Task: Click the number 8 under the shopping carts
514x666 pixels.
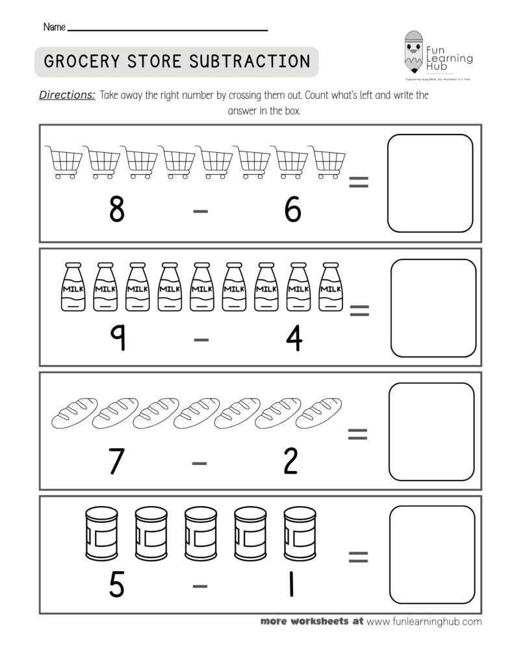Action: point(116,210)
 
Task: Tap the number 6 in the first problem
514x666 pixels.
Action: point(293,210)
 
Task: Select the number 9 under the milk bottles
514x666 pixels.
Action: point(117,337)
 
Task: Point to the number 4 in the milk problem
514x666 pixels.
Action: point(294,337)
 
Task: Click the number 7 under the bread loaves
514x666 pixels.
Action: point(116,461)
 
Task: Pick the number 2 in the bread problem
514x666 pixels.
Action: point(290,461)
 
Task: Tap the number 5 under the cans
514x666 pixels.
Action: point(116,585)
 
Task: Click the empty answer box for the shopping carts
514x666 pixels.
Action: point(430,183)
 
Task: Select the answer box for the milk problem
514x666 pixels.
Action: point(433,308)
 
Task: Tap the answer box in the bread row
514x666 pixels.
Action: point(431,431)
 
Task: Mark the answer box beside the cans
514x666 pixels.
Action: point(431,554)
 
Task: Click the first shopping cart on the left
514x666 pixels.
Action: point(64,161)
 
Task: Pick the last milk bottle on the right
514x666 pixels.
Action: point(331,287)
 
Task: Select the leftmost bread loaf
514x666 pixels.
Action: point(73,414)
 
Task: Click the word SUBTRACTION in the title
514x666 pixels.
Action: point(250,61)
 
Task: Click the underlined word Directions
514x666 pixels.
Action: point(68,95)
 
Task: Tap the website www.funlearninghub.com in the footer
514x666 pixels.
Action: point(424,621)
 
